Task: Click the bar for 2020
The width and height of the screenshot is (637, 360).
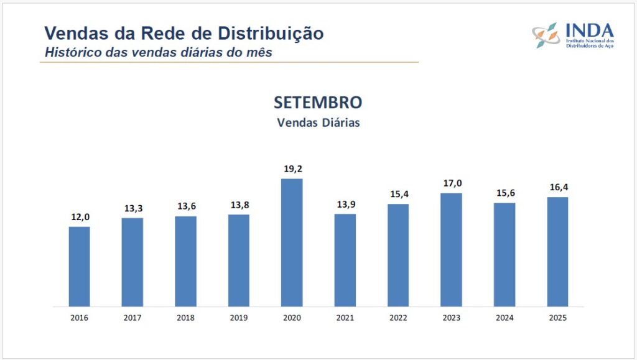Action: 292,242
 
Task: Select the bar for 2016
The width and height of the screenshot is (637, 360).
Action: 79,266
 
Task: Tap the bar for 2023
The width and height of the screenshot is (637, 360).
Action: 451,249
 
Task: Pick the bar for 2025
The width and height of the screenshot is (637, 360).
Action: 557,252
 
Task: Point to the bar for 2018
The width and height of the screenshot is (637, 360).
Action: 185,261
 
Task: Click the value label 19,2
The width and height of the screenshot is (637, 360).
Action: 292,168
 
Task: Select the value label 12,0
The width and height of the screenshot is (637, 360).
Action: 79,216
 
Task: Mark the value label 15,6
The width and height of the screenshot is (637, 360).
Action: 504,192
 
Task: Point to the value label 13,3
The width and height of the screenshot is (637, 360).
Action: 133,208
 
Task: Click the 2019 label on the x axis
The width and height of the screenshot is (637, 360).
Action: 238,318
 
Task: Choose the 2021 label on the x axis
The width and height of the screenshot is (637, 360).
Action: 345,318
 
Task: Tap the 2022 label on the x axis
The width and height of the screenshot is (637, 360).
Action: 398,318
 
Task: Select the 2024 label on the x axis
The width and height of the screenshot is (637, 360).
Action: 504,318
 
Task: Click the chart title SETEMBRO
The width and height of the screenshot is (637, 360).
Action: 318,103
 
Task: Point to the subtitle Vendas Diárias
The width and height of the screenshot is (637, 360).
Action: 318,122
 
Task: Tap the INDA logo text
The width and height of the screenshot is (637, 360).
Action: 589,30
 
